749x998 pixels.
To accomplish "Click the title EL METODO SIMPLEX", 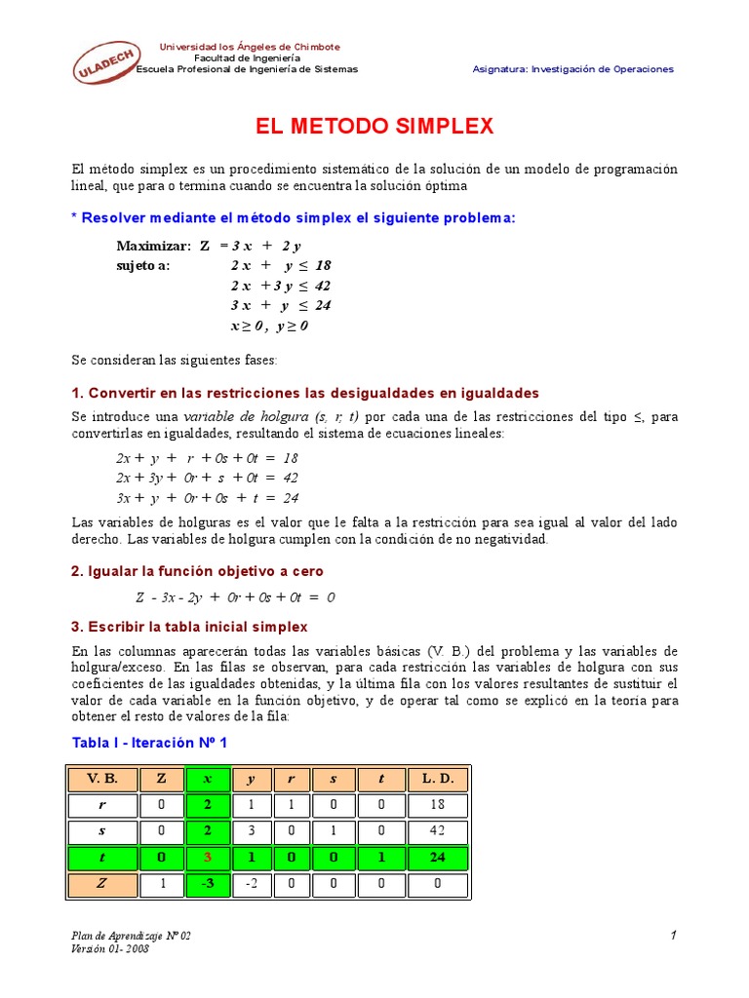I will click(x=374, y=127).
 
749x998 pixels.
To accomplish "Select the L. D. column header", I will click(x=438, y=780).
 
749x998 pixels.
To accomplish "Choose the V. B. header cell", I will click(x=102, y=780).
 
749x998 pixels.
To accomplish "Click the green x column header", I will click(x=206, y=780).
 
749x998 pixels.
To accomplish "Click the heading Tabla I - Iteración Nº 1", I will click(x=150, y=743).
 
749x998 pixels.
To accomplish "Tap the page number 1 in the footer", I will click(x=673, y=936).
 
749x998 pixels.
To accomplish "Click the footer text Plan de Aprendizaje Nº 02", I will click(x=132, y=936).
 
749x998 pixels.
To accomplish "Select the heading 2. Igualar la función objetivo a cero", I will click(x=197, y=571).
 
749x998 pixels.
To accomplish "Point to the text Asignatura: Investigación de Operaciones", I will click(x=573, y=69).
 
